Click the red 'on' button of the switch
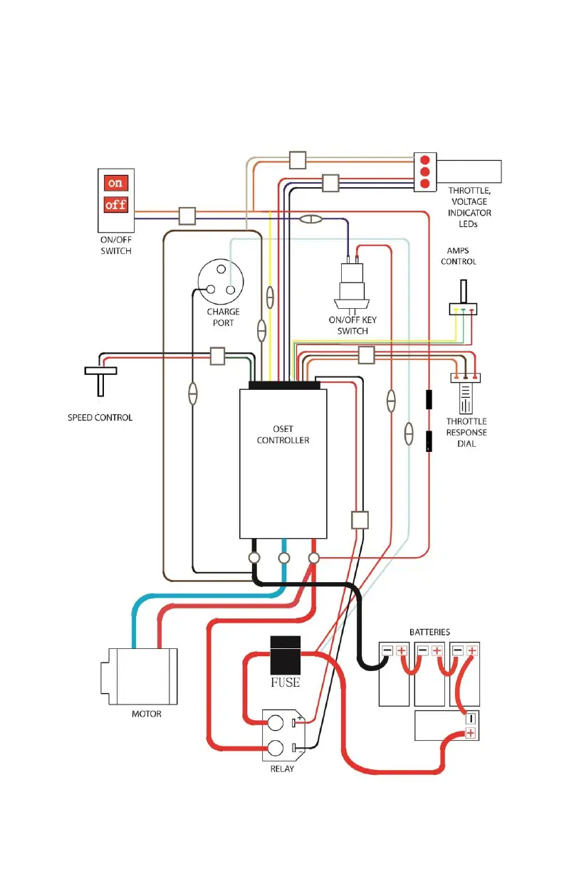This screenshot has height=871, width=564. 115,183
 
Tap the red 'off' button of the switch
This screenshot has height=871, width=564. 115,206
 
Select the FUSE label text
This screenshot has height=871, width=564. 285,683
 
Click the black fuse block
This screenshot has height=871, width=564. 285,655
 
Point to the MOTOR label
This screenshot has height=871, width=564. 147,714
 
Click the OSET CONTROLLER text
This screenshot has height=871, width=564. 283,434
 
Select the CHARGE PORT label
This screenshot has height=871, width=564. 224,317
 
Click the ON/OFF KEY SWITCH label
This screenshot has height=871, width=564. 352,325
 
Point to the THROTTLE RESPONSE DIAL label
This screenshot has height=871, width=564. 466,433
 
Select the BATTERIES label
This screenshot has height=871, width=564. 429,632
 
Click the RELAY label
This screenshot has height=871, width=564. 282,769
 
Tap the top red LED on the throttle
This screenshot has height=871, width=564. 425,159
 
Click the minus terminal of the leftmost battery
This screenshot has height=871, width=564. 387,650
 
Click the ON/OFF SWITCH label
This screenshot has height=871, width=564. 115,246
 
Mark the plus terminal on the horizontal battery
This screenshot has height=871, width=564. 470,733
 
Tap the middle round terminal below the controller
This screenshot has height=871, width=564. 283,558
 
